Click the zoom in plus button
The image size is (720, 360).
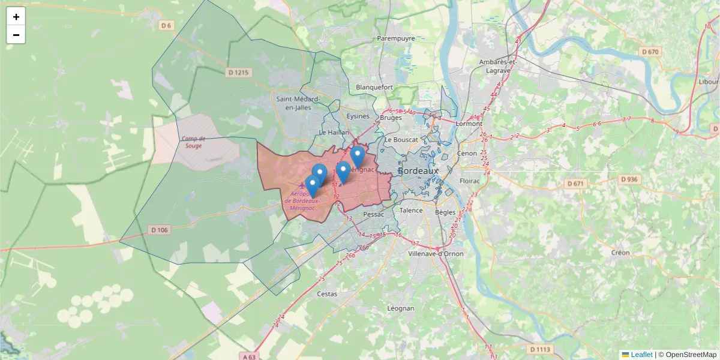(x=16, y=17)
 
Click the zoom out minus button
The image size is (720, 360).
(x=16, y=35)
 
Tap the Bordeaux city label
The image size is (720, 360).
(x=418, y=171)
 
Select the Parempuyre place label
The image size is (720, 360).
(x=396, y=38)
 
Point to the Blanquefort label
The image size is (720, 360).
(x=374, y=87)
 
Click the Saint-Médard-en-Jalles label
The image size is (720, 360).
(x=298, y=103)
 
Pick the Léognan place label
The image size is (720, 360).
(x=401, y=308)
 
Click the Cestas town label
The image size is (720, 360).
(x=327, y=294)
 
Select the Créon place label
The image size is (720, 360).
(x=620, y=253)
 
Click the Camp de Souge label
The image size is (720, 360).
(x=193, y=142)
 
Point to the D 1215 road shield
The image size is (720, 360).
(x=238, y=73)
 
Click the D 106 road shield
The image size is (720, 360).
(x=160, y=230)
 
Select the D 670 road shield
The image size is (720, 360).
(x=650, y=52)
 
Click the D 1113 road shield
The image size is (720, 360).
(x=541, y=349)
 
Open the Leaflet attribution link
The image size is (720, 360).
(x=641, y=355)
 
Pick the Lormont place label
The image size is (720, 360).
(x=469, y=124)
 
